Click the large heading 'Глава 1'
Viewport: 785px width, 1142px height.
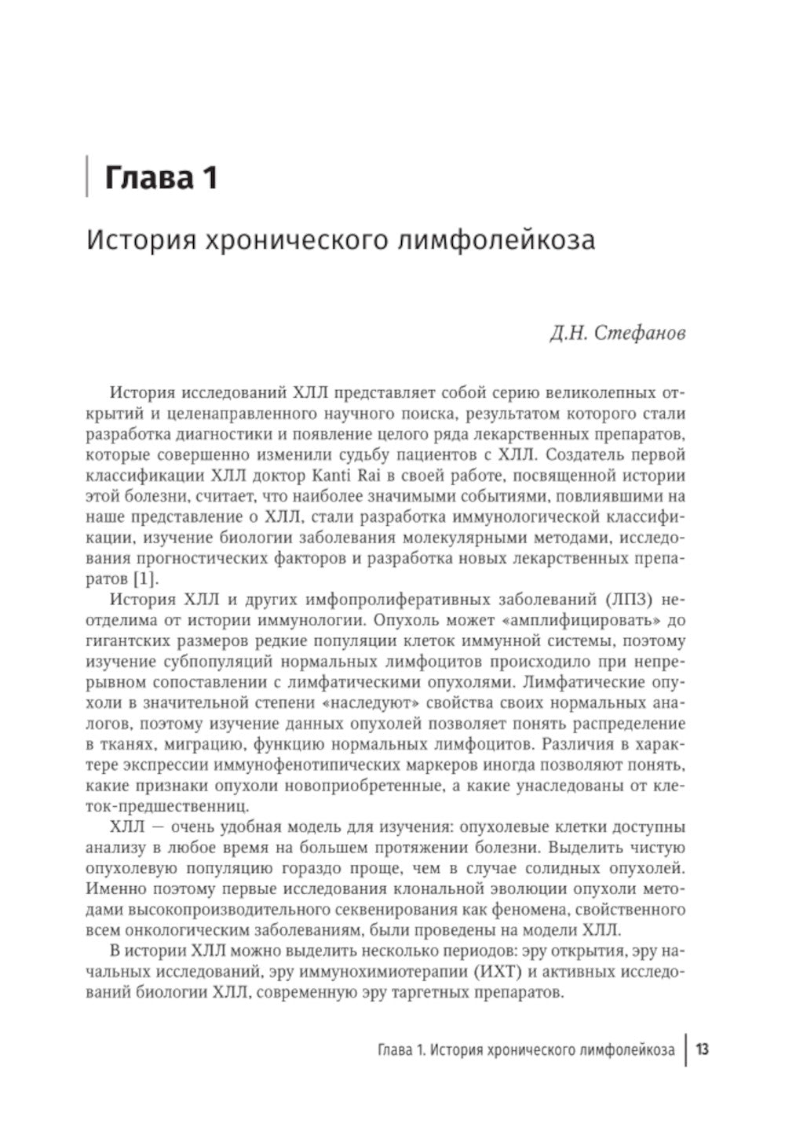[161, 177]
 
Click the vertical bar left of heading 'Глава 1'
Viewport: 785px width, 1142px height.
[86, 177]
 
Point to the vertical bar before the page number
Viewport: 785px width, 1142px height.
[686, 1049]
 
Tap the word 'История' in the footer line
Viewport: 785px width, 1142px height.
[457, 1050]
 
